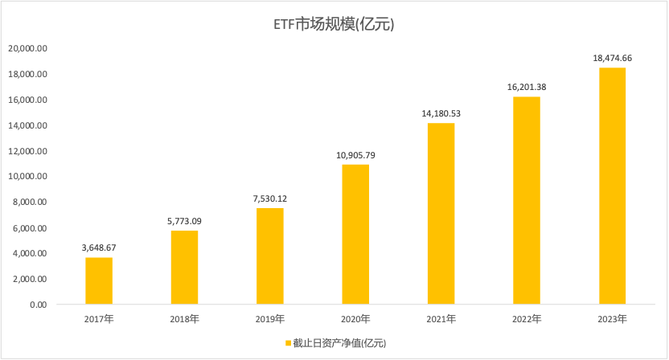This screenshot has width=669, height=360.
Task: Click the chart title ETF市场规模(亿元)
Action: pyautogui.click(x=334, y=24)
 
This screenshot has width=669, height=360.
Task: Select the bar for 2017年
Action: pyautogui.click(x=99, y=280)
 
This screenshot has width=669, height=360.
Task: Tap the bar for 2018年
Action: pyautogui.click(x=184, y=268)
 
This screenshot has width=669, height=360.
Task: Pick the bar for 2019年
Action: pyautogui.click(x=270, y=256)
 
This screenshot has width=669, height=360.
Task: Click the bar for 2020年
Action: pyautogui.click(x=355, y=235)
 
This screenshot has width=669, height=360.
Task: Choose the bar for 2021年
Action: pyautogui.click(x=441, y=214)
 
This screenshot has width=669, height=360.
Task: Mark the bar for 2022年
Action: pyautogui.click(x=527, y=201)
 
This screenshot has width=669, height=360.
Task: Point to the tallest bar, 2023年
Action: pyautogui.click(x=612, y=186)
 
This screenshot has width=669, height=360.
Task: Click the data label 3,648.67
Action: pyautogui.click(x=99, y=248)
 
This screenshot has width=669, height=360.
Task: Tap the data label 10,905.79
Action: pyautogui.click(x=355, y=155)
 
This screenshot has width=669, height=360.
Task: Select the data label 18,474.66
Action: pyautogui.click(x=612, y=59)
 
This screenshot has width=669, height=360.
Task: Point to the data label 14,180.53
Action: pyautogui.click(x=441, y=113)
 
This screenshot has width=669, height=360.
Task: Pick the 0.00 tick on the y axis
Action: pyautogui.click(x=39, y=305)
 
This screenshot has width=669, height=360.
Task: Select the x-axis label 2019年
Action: pyautogui.click(x=270, y=319)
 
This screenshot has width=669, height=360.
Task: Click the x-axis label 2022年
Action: pyautogui.click(x=527, y=319)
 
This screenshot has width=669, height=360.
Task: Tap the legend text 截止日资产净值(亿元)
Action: pyautogui.click(x=339, y=343)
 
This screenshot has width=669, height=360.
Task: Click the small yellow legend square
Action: pyautogui.click(x=287, y=343)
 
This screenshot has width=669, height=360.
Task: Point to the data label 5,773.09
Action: pyautogui.click(x=184, y=221)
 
